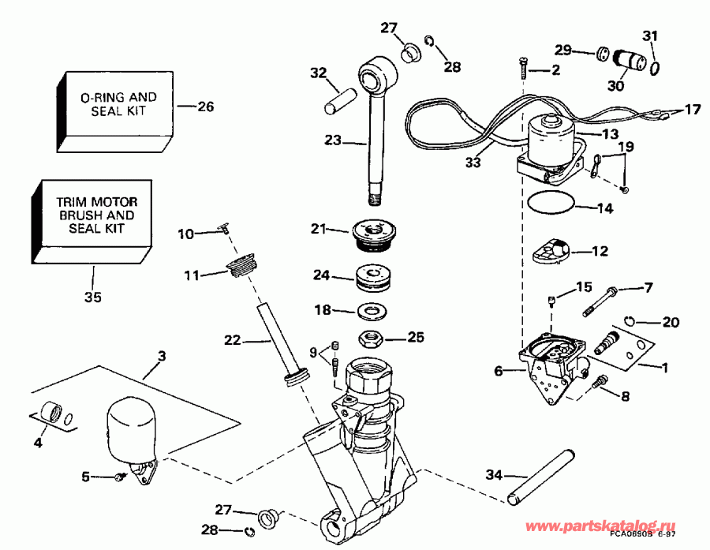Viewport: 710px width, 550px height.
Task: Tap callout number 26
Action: pyautogui.click(x=205, y=106)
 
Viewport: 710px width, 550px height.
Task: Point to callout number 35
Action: pyautogui.click(x=92, y=297)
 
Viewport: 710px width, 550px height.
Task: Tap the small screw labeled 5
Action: pyautogui.click(x=120, y=477)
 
